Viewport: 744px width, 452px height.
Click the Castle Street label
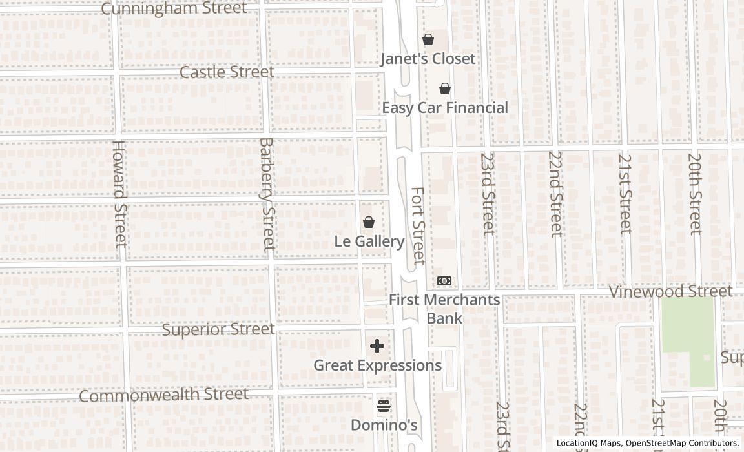pos(227,72)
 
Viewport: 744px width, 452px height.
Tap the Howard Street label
pos(119,194)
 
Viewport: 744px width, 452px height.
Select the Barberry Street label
pos(267,194)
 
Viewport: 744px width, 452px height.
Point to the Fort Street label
pos(418,225)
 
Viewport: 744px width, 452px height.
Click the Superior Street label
pos(218,329)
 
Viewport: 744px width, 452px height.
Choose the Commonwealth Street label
pos(163,395)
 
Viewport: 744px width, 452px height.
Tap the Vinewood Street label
pos(671,291)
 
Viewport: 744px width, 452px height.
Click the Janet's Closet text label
pos(428,59)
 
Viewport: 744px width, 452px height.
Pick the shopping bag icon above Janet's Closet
pos(428,40)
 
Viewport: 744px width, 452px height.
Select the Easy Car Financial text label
pos(445,108)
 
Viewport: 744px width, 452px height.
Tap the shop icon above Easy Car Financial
pos(445,88)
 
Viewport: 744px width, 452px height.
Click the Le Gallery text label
pos(369,241)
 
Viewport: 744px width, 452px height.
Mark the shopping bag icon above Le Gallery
pos(369,223)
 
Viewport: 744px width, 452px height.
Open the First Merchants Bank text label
pos(444,309)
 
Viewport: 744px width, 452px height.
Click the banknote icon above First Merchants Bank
pos(444,281)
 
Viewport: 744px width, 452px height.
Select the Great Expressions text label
pos(377,365)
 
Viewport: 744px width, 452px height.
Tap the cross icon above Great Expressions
pos(377,346)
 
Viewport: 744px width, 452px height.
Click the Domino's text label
pos(384,425)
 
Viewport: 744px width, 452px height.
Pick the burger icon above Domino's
pos(384,406)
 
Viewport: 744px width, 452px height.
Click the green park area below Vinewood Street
pos(688,336)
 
